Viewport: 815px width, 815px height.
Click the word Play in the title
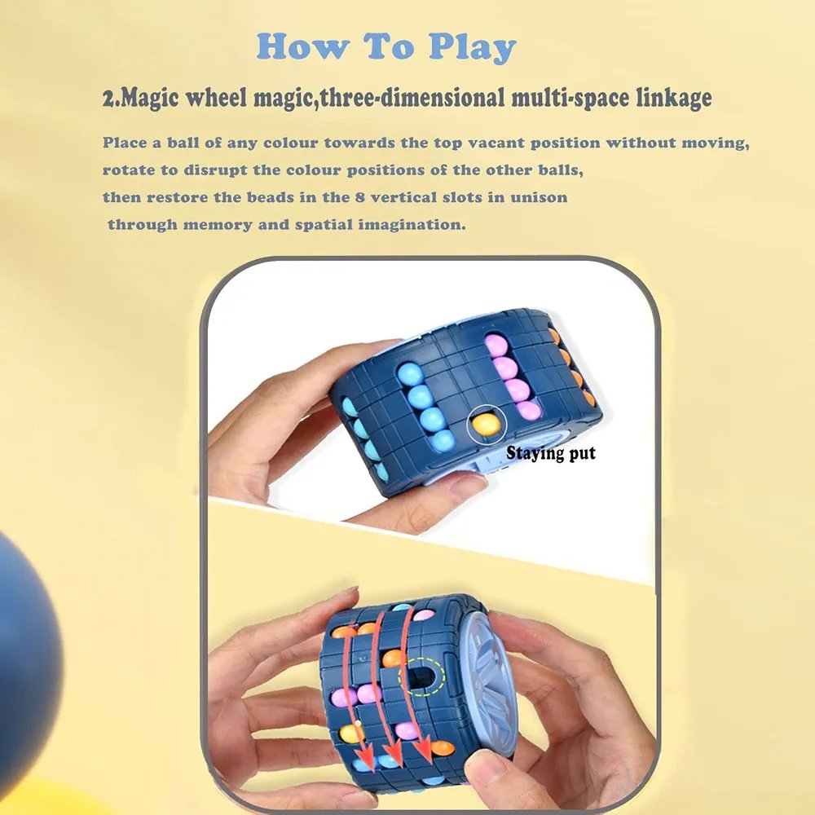pyautogui.click(x=472, y=47)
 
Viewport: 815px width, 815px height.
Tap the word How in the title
pyautogui.click(x=302, y=46)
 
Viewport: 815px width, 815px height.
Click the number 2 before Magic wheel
pyautogui.click(x=108, y=99)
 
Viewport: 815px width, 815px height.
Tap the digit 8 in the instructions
pyautogui.click(x=360, y=197)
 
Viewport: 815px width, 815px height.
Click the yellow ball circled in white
pyautogui.click(x=487, y=423)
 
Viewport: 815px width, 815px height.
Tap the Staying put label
pyautogui.click(x=551, y=453)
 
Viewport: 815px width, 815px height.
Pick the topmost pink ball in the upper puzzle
pyautogui.click(x=496, y=346)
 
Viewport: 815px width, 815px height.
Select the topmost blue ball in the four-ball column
pyautogui.click(x=410, y=374)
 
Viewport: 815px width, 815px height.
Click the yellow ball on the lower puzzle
pyautogui.click(x=351, y=733)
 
